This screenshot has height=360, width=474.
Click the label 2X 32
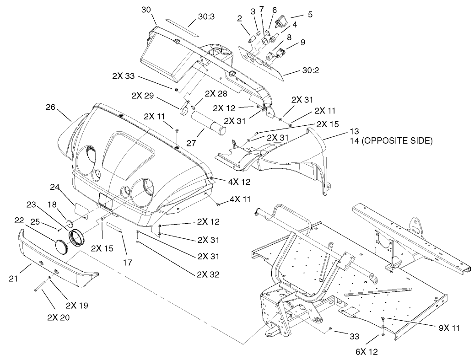(x=209, y=275)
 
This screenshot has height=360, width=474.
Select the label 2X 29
(x=143, y=96)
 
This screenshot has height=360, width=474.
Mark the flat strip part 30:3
(x=181, y=28)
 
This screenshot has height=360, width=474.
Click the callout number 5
(x=310, y=14)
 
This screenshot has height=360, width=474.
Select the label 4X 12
(x=240, y=182)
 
